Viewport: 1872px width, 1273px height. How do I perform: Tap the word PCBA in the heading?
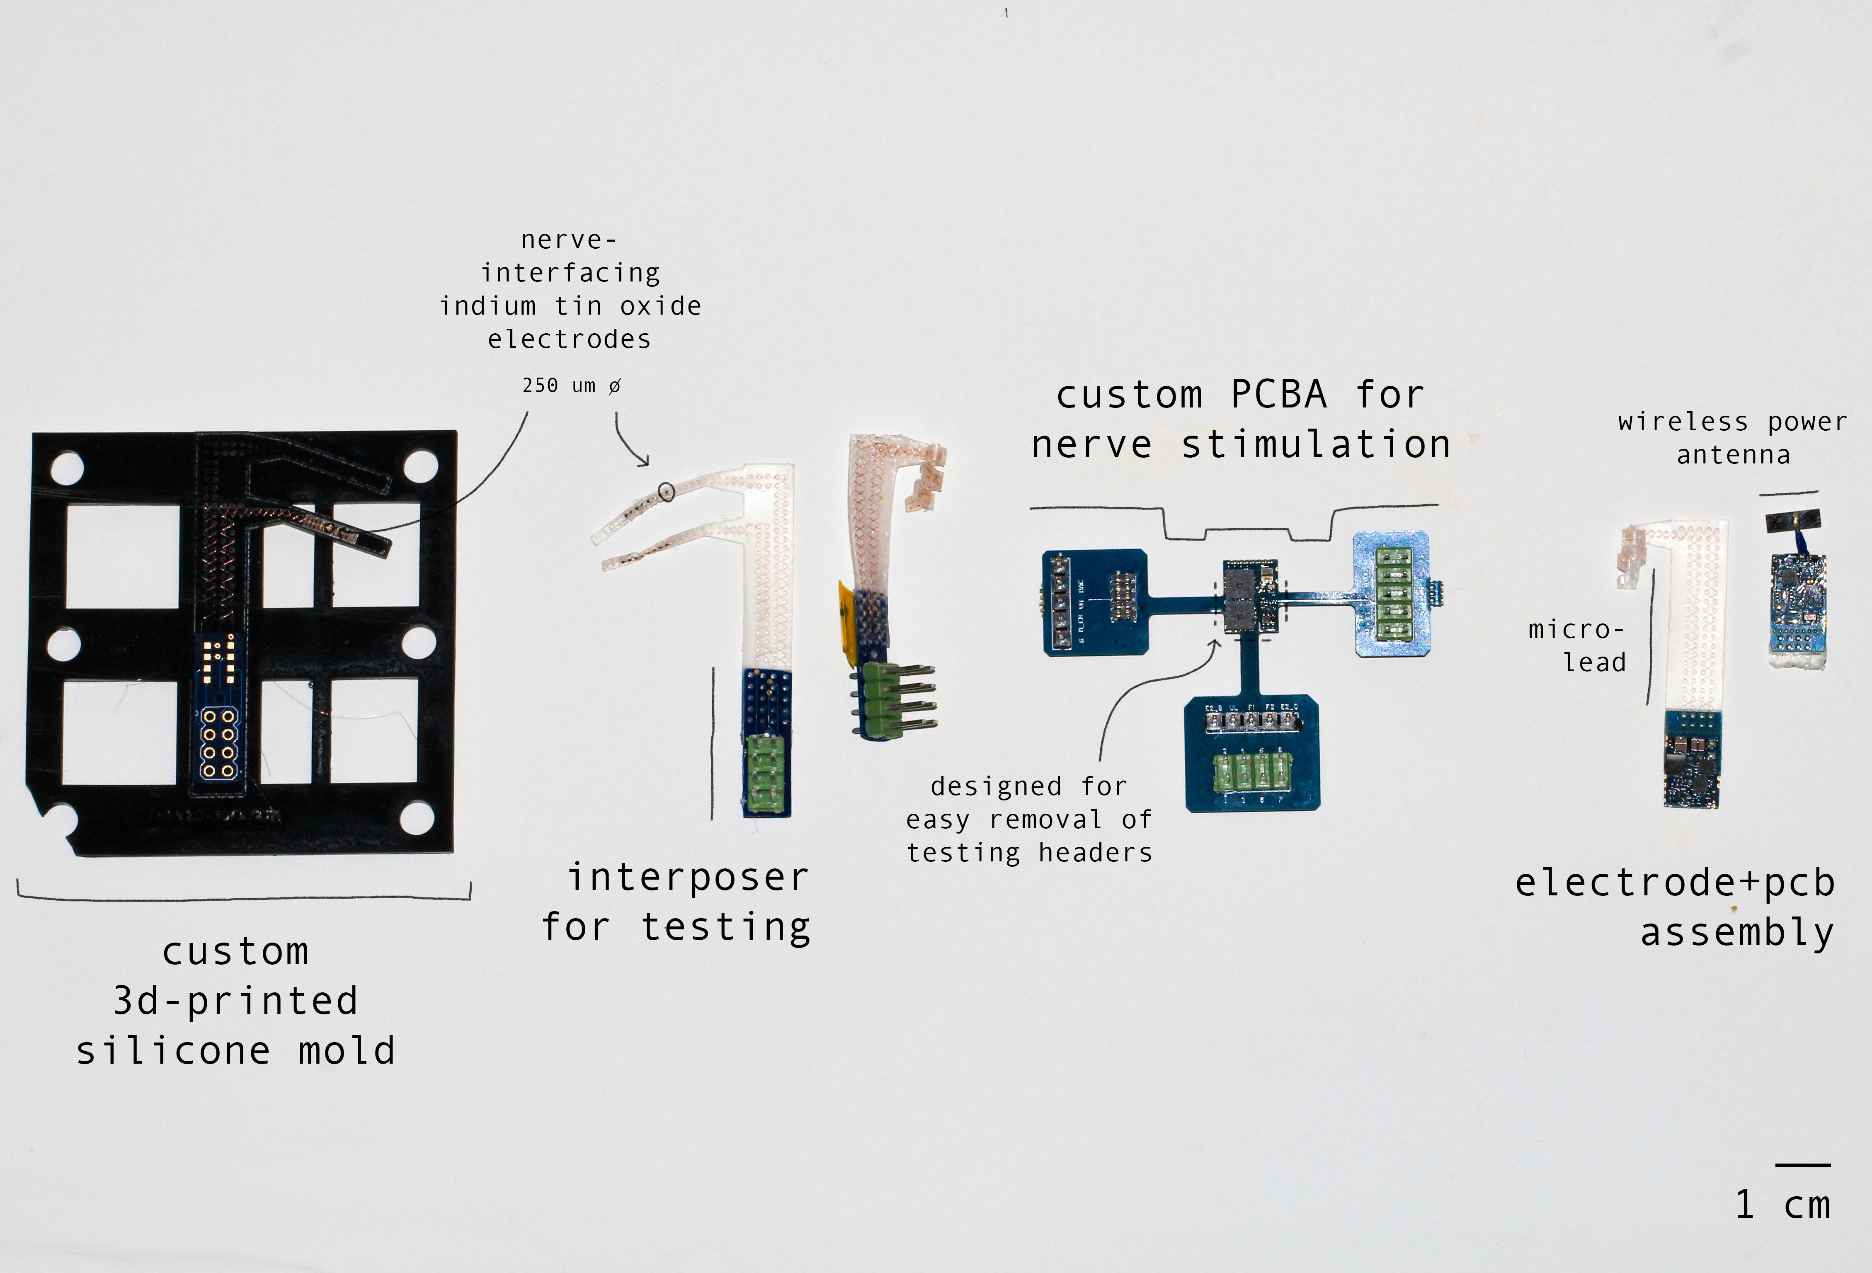coord(1279,395)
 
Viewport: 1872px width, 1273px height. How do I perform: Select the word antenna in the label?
coord(1734,455)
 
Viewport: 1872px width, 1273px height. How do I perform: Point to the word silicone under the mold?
coord(173,1051)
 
